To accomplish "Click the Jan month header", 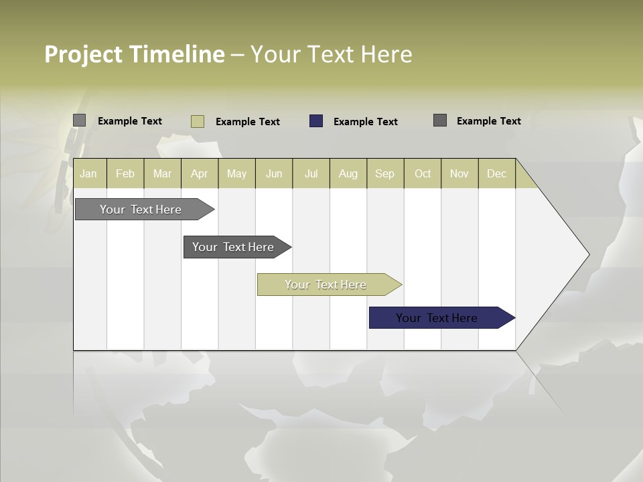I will (x=88, y=173).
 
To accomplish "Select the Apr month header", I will (x=199, y=173).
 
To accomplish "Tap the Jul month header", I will (x=311, y=173).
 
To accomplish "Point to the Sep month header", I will (x=384, y=173).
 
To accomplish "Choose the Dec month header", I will (x=496, y=173).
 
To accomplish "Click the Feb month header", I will (x=125, y=173).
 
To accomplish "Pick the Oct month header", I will (x=423, y=173).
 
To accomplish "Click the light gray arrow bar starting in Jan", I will (x=141, y=210).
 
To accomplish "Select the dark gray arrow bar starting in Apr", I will (x=233, y=247).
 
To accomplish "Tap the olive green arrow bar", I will (x=326, y=285).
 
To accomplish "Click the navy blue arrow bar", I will (x=437, y=318).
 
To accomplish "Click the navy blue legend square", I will (x=316, y=121).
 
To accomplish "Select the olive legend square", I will (x=198, y=121).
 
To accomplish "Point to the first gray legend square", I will (x=79, y=120).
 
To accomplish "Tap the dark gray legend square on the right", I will (x=440, y=120).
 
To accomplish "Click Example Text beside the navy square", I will (x=365, y=122).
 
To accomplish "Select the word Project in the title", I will (x=84, y=54).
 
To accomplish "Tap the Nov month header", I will (x=459, y=173).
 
